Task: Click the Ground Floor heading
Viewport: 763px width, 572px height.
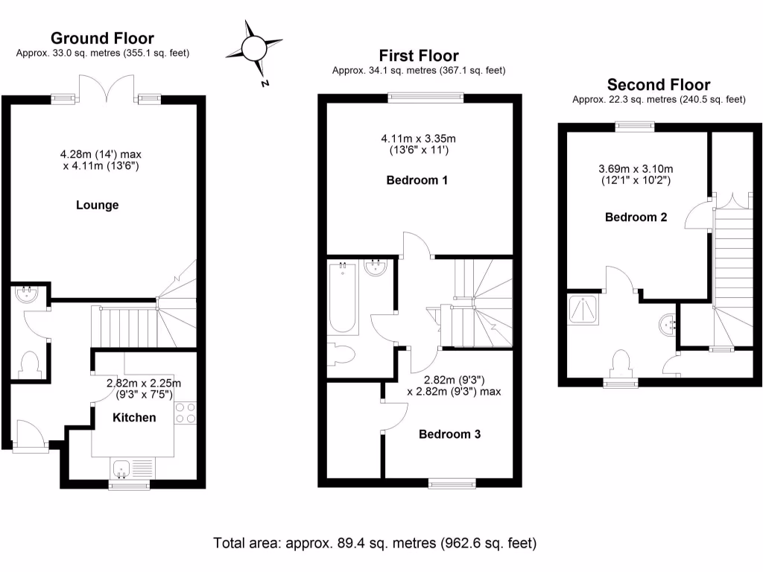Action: click(x=102, y=38)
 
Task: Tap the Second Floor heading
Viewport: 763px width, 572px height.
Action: click(x=658, y=84)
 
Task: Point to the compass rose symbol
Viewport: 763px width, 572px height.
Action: click(x=253, y=49)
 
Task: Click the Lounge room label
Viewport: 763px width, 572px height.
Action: click(x=98, y=205)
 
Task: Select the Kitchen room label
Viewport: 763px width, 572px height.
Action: click(x=134, y=417)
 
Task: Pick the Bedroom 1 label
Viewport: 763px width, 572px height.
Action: click(x=418, y=180)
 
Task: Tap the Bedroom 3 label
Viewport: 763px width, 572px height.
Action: click(x=449, y=434)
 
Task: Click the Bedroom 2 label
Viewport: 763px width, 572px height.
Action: click(x=636, y=217)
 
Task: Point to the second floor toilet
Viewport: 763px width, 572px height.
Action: click(x=621, y=363)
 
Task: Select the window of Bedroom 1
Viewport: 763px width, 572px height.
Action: click(x=425, y=96)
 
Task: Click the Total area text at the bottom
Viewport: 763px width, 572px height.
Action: click(x=375, y=542)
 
